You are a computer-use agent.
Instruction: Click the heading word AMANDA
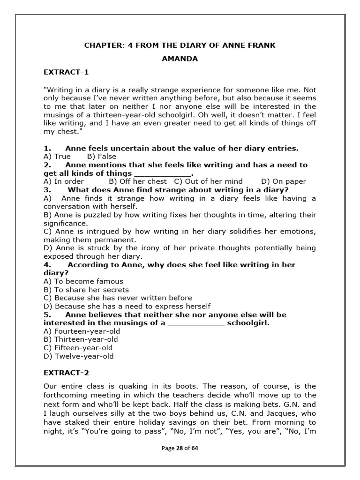pos(180,59)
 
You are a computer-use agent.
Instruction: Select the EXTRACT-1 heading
pos(66,72)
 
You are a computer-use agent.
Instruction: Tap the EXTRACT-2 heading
pos(66,373)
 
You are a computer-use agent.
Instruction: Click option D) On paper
pos(284,181)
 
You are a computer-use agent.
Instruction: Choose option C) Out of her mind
pos(209,181)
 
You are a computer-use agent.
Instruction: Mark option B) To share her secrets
pos(86,290)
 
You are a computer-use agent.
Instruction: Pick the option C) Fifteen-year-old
pos(78,348)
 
